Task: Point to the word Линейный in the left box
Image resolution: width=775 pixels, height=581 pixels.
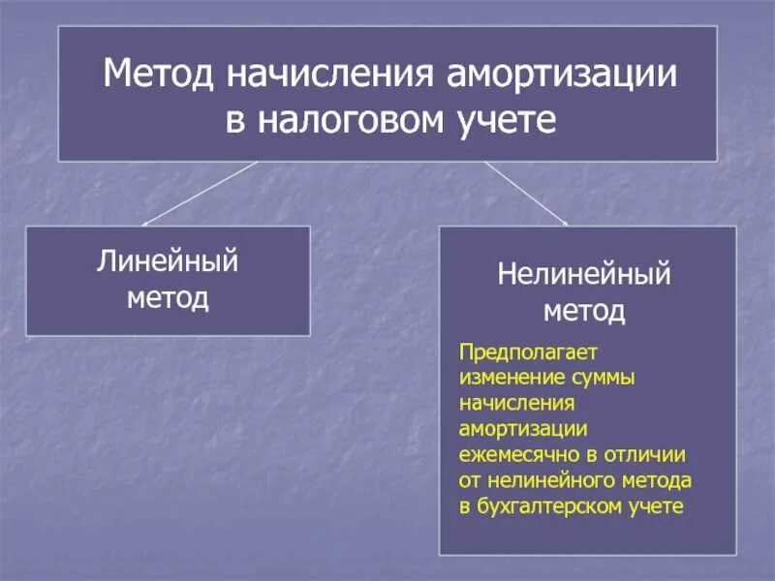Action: point(168,261)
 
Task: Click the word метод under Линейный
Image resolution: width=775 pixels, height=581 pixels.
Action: point(168,296)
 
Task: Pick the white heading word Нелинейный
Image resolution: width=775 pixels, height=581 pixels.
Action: point(584,275)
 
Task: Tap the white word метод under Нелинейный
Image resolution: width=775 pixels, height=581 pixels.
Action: point(584,312)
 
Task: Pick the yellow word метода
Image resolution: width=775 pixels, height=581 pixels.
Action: point(661,479)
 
